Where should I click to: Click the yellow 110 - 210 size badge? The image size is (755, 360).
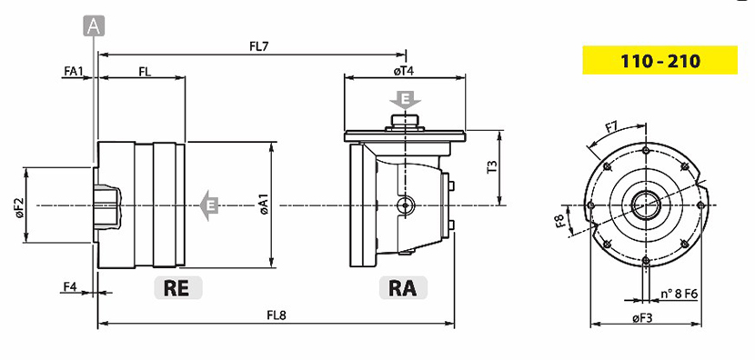coord(659,60)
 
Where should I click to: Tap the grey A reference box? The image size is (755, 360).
coord(94,26)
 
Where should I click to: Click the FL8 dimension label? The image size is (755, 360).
coord(277,315)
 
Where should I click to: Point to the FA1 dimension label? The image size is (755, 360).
coord(74,71)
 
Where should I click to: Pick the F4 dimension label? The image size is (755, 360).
coord(70,287)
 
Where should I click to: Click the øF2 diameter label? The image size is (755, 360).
coord(20,207)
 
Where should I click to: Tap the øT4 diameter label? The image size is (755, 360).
coord(404,71)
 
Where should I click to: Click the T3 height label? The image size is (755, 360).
coord(491,166)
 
